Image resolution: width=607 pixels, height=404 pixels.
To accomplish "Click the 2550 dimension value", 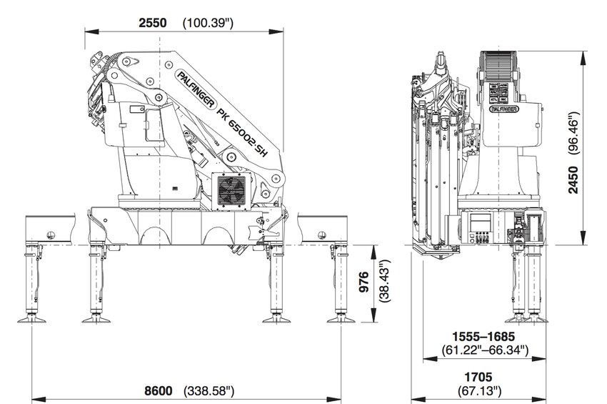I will pyautogui.click(x=153, y=23).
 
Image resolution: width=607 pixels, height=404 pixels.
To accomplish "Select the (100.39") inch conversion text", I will pyautogui.click(x=209, y=23).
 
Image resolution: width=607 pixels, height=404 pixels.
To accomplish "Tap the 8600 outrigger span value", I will pyautogui.click(x=159, y=390).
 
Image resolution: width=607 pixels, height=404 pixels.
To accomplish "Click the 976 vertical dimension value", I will pyautogui.click(x=363, y=285).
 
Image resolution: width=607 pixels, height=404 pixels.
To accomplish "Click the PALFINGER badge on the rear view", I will pyautogui.click(x=503, y=110).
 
